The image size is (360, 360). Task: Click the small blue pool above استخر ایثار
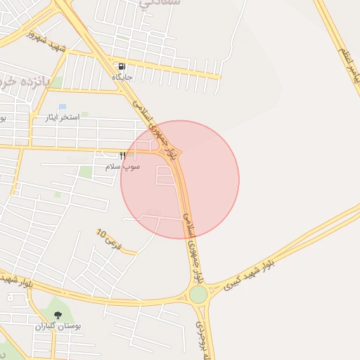point(63,106)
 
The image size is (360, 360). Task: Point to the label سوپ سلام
point(123,167)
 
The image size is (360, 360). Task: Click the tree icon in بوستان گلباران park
point(58,316)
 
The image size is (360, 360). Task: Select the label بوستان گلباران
point(58,327)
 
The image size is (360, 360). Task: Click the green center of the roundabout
point(198,294)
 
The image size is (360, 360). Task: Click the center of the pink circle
point(180,179)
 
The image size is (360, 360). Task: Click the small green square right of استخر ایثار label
point(84,114)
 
